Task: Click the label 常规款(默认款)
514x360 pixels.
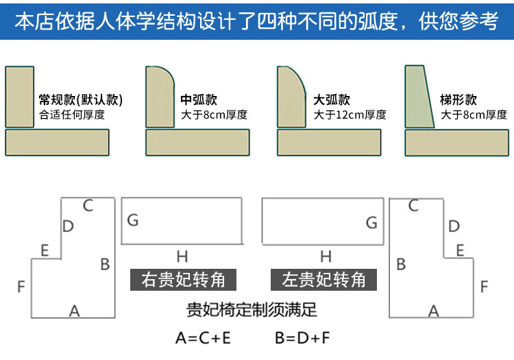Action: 81,100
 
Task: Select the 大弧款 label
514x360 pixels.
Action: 331,100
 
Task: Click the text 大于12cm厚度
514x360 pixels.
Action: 350,115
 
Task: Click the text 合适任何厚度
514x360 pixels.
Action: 72,115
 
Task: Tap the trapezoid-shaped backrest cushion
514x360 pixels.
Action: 419,97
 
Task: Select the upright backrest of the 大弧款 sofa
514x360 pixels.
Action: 290,97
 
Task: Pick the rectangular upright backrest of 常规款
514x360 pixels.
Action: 19,97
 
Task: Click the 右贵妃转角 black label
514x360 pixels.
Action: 183,280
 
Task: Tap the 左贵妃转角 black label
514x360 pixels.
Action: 323,280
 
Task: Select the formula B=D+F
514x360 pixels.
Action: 304,337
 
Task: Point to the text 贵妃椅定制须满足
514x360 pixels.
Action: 252,310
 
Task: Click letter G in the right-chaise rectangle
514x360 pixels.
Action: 133,220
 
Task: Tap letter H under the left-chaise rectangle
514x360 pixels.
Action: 326,257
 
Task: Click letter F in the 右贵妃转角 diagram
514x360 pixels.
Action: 21,287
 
